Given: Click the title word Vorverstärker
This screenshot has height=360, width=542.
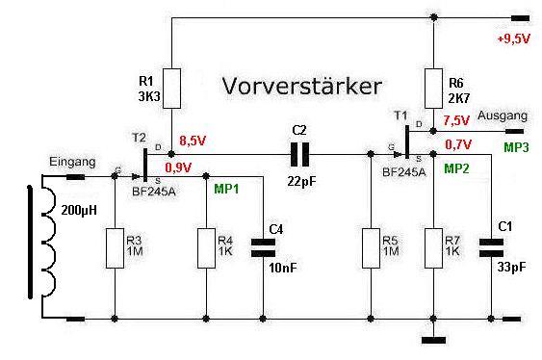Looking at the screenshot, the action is (x=301, y=86).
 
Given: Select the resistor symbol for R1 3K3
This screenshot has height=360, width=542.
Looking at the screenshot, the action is (x=171, y=89).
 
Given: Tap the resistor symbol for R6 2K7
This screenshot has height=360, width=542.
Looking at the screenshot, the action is (x=433, y=89).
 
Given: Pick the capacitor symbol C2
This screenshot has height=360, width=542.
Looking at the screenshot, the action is (x=299, y=154).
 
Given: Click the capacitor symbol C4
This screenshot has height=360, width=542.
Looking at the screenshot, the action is (x=263, y=247).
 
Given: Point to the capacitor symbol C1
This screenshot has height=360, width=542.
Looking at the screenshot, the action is (x=491, y=247).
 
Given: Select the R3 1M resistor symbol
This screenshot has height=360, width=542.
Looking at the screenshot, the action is (x=115, y=248).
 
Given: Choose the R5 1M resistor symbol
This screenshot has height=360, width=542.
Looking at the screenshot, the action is (x=371, y=248).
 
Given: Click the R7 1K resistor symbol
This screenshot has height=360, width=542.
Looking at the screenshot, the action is (x=433, y=248).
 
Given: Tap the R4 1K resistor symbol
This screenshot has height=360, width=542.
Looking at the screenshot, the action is (x=206, y=248).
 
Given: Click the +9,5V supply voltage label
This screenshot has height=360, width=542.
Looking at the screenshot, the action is (x=513, y=39).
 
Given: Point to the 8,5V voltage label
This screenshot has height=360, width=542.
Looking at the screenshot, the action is (x=193, y=141).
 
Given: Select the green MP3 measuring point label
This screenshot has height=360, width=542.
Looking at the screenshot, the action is (x=516, y=147).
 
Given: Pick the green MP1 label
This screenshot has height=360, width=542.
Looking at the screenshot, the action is (x=226, y=189).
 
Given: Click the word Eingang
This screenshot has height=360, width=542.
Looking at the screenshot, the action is (x=72, y=162).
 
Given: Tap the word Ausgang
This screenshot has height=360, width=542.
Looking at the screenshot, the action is (x=503, y=116).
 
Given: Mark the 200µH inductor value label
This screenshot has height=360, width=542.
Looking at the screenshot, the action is (x=79, y=210).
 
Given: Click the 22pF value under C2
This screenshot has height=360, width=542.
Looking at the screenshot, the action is (x=301, y=181).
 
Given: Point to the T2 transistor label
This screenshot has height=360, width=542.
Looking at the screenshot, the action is (x=139, y=138).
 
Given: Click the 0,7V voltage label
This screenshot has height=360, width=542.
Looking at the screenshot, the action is (x=458, y=144).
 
